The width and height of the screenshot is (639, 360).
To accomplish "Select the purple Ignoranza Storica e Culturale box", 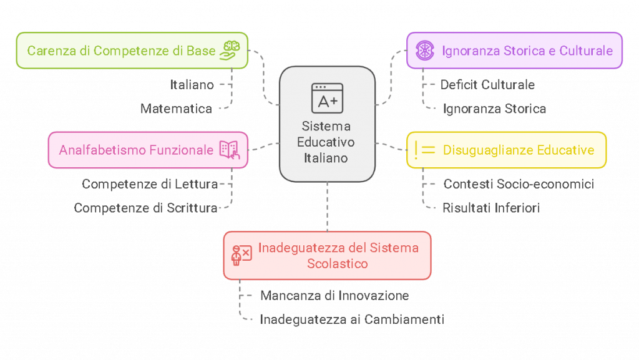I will [x=514, y=51].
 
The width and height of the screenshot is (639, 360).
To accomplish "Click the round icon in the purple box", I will [x=425, y=51].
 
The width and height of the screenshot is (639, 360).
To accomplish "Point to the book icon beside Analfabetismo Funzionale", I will [x=228, y=150].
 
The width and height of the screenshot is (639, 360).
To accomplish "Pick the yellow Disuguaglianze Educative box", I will [x=506, y=150].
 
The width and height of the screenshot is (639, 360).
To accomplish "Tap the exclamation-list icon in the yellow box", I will [x=424, y=150].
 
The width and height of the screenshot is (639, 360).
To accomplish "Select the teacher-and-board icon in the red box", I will [x=241, y=255].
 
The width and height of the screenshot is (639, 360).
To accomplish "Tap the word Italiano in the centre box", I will [x=326, y=158].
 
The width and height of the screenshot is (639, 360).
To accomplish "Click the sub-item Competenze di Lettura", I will [x=150, y=185].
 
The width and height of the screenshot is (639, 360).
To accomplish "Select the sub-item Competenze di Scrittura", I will [x=146, y=208].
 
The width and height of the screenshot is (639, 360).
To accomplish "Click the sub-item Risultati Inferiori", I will [x=490, y=208].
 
